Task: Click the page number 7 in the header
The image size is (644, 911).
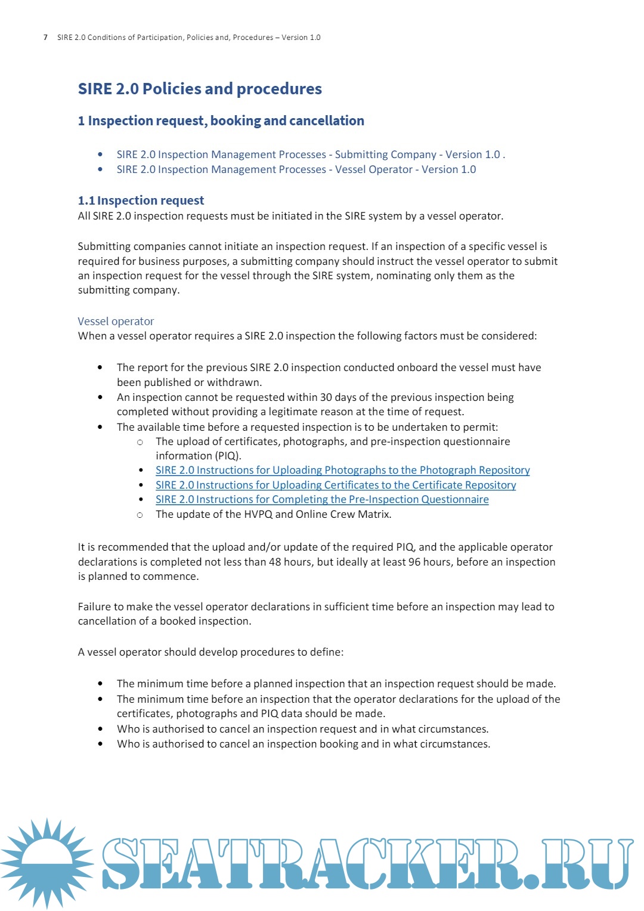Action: click(x=45, y=38)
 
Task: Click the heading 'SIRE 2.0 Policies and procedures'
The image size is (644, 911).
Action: click(x=200, y=89)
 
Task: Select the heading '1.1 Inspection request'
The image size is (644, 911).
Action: click(x=141, y=200)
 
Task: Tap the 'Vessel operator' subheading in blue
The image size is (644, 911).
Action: click(x=116, y=321)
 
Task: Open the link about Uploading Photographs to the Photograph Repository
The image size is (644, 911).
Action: click(x=342, y=470)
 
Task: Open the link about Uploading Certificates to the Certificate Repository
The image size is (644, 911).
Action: click(x=336, y=485)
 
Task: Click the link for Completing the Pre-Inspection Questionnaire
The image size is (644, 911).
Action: click(x=322, y=499)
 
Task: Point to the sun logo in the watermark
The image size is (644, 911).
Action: click(x=47, y=862)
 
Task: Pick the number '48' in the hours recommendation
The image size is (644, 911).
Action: click(x=275, y=562)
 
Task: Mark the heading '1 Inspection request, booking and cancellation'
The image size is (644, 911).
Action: click(x=221, y=121)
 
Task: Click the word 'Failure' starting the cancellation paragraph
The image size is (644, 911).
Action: click(x=94, y=607)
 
